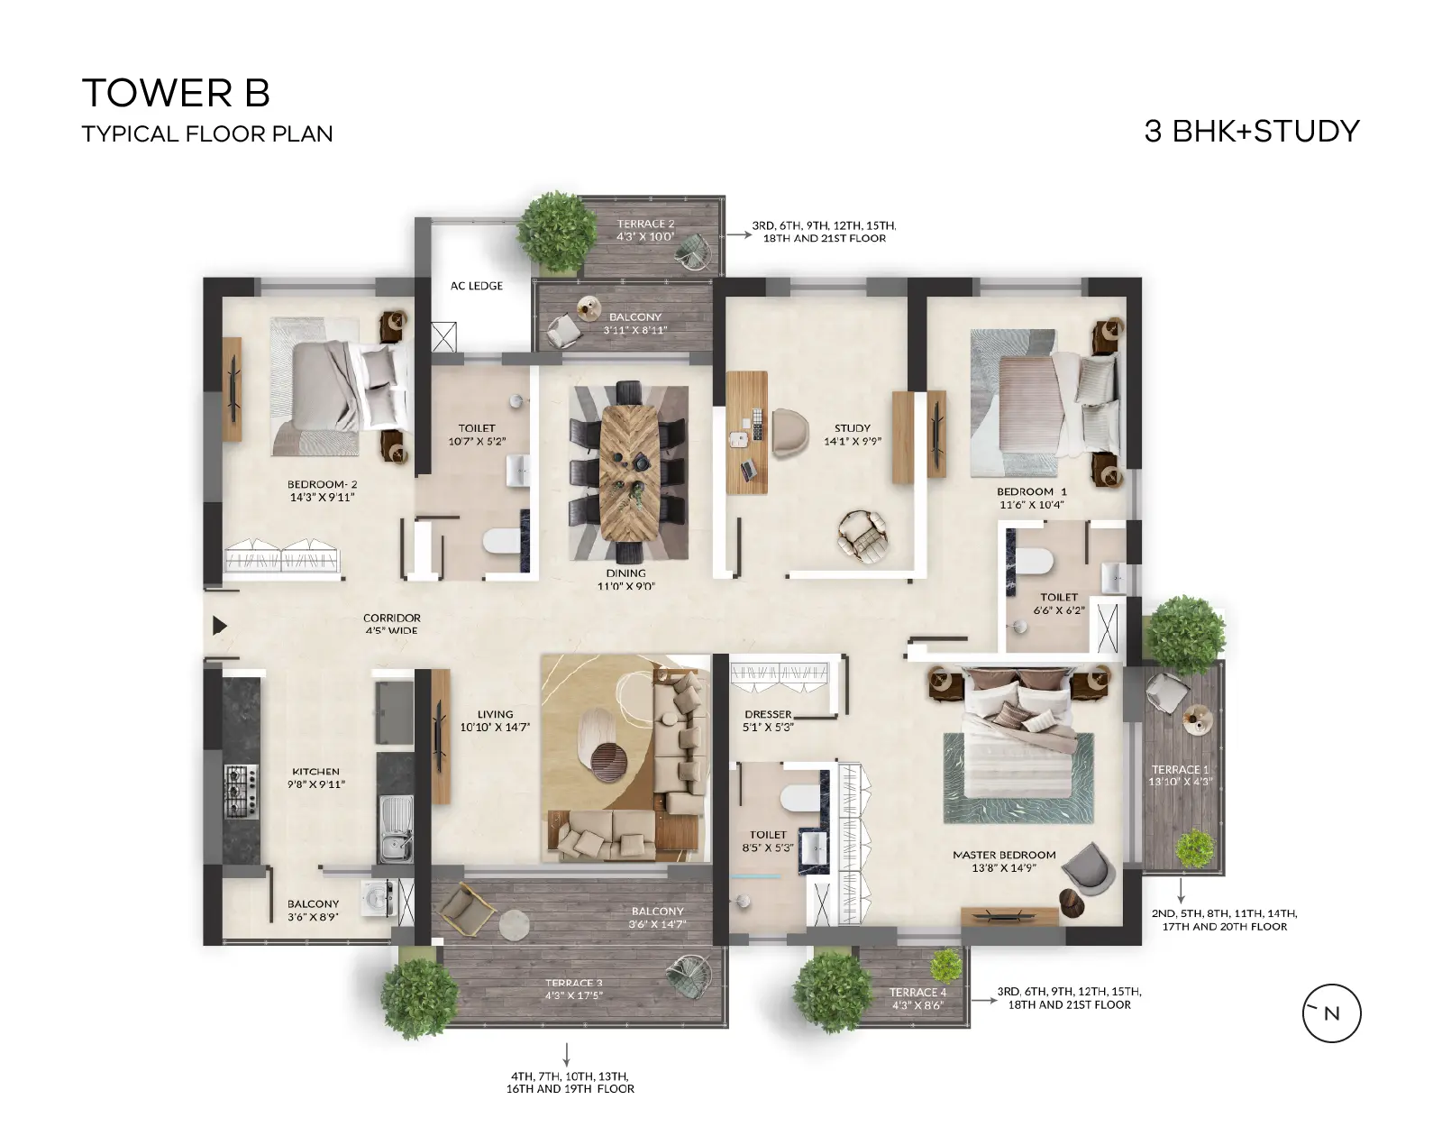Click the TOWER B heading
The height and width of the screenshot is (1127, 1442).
[x=176, y=93]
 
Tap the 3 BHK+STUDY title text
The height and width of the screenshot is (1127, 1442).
[x=1252, y=132]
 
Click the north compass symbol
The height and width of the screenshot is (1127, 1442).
[x=1331, y=1012]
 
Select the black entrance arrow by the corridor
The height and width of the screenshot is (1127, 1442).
[x=220, y=625]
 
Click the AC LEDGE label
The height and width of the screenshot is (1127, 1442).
[x=477, y=286]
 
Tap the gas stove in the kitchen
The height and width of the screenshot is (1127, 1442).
[x=242, y=792]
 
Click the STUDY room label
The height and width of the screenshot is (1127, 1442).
[x=852, y=428]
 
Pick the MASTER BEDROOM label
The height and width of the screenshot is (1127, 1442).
[x=1004, y=855]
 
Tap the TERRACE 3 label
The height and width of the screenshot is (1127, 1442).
[x=574, y=983]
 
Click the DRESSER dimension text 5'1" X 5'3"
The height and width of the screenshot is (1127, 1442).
[x=768, y=727]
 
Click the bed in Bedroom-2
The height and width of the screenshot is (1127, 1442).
[x=340, y=387]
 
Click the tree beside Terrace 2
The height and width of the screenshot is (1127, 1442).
[x=557, y=232]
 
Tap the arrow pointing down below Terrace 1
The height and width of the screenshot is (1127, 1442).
[x=1181, y=890]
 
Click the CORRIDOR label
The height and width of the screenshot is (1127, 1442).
[x=391, y=618]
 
